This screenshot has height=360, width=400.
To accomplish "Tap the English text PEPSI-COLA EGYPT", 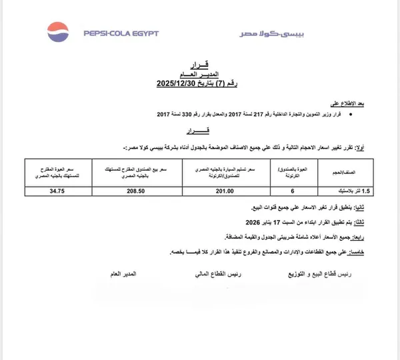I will click(120, 33).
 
